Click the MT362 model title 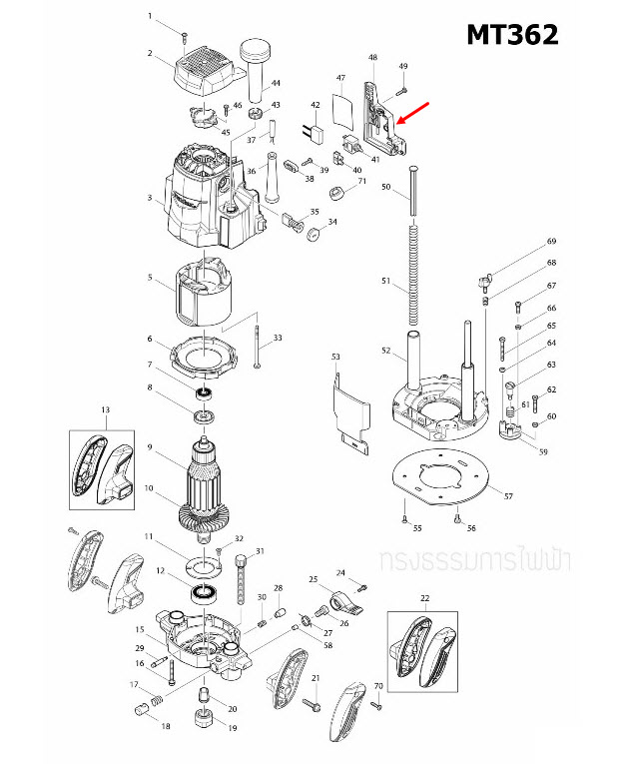click(x=512, y=34)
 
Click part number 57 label click(x=507, y=496)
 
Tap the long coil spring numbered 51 click(x=410, y=280)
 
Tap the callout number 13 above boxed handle click(x=104, y=409)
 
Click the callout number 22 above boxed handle click(x=423, y=597)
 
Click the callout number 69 click(x=549, y=243)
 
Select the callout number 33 click(x=277, y=339)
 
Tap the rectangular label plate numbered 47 click(x=342, y=108)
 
